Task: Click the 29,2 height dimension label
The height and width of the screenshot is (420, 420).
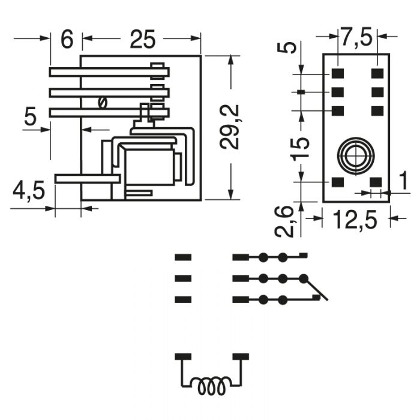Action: point(229,127)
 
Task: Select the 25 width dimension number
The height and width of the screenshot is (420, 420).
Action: point(142,40)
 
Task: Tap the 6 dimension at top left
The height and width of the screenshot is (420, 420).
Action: point(67,39)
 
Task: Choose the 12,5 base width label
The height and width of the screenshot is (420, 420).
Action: point(356,220)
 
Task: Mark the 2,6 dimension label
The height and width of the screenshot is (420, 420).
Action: point(284,221)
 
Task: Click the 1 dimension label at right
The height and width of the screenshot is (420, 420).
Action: point(403,181)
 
